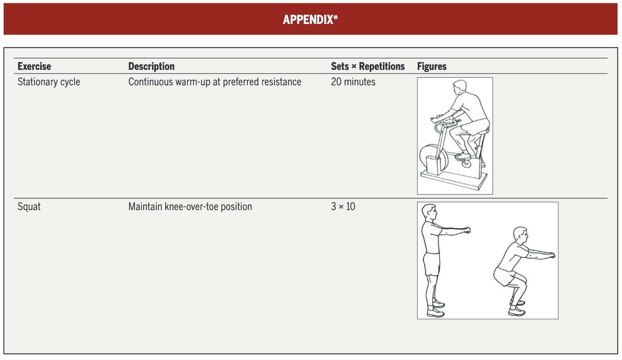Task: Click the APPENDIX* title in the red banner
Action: pos(310,20)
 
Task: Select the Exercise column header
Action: pos(34,67)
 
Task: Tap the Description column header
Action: pos(151,67)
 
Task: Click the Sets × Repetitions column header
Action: pos(368,67)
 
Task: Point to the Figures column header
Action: pos(432,67)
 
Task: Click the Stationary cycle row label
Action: pos(49,82)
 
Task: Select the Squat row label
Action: pos(29,207)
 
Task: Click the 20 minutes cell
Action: pos(353,82)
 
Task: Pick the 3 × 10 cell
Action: pos(343,206)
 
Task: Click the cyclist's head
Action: pos(459,87)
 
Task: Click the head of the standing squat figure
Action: pos(429,212)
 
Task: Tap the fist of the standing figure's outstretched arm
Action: pos(468,230)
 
